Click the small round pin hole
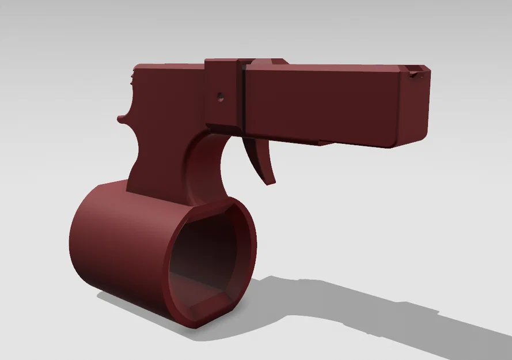[x=219, y=97]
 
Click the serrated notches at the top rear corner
[x=134, y=77]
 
